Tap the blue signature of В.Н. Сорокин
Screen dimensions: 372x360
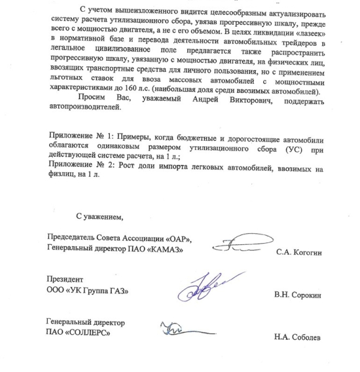pos(201,286)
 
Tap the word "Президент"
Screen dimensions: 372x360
pos(65,280)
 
